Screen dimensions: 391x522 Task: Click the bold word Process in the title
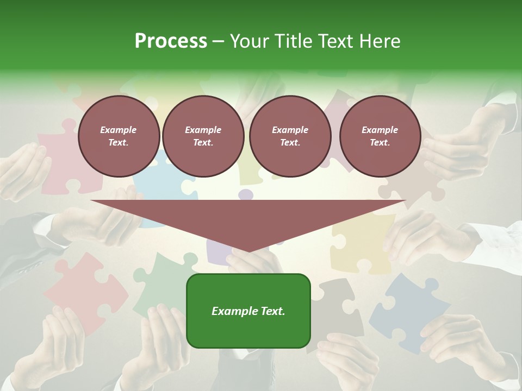(171, 41)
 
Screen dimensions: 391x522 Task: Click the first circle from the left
(119, 136)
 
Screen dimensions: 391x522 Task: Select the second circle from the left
(203, 136)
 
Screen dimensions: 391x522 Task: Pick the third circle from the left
(290, 136)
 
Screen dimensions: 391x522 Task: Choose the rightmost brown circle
(380, 136)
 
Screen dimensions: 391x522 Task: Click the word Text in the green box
(272, 311)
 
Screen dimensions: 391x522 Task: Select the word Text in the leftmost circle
(119, 143)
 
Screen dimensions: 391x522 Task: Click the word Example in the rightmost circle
(380, 130)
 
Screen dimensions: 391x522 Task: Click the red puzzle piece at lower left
(82, 288)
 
